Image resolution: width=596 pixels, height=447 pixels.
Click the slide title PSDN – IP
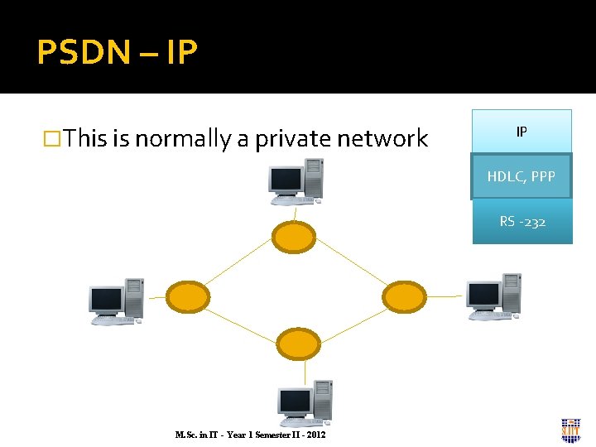coord(117,52)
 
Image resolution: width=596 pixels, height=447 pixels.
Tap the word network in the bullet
coord(382,138)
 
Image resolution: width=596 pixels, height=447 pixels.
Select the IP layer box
coord(521,132)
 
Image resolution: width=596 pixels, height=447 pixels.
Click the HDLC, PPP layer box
coord(521,176)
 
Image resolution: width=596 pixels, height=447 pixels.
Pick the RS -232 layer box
coord(522,222)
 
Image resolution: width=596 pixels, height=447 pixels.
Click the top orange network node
coord(295,238)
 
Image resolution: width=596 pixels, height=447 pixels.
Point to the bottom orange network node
coord(296,343)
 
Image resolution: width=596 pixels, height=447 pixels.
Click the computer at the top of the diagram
coord(296,181)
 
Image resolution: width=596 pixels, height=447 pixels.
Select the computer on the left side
coord(117,301)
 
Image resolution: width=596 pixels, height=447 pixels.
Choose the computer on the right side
coord(493,296)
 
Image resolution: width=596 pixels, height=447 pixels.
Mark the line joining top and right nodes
coord(350,267)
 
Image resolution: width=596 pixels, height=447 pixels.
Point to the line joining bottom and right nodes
coord(351,320)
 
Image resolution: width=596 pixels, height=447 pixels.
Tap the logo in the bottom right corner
coord(570,430)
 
